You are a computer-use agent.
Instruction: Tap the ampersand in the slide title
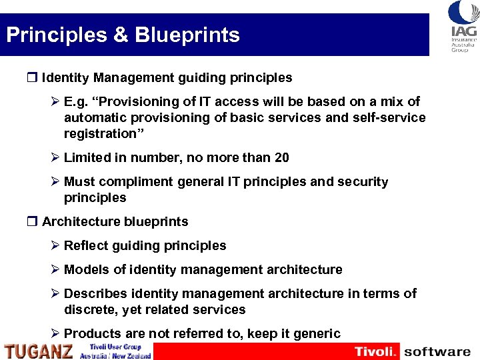click(x=121, y=35)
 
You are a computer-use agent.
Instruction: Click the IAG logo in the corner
click(x=463, y=26)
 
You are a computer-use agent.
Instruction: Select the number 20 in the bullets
click(x=281, y=157)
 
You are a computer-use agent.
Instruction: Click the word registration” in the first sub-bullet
click(x=100, y=133)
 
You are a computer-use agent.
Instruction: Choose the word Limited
click(x=86, y=157)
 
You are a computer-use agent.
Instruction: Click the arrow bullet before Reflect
click(x=55, y=245)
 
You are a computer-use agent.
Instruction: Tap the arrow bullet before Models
click(x=55, y=269)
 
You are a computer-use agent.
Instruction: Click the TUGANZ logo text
click(x=39, y=351)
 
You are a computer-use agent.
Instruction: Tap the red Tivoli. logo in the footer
click(x=377, y=351)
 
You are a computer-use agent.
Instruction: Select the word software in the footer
click(x=437, y=351)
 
